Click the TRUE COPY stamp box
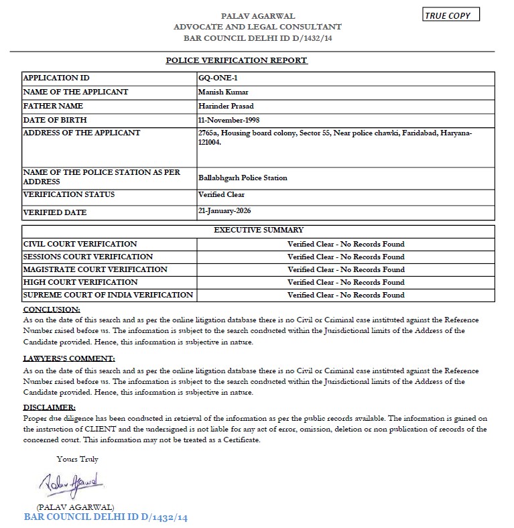451,15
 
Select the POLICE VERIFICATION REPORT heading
237,60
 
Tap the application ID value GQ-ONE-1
214,78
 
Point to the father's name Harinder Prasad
227,107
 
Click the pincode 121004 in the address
210,141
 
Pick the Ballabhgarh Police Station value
243,178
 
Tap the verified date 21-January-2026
228,211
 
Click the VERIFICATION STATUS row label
69,195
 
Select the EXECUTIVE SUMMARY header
258,230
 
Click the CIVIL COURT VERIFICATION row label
80,244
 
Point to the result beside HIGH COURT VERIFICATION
346,282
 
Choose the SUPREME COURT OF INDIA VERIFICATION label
108,295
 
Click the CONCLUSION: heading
52,310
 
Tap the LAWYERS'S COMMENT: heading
69,358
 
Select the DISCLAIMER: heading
50,407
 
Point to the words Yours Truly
77,459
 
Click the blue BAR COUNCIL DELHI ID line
106,517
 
